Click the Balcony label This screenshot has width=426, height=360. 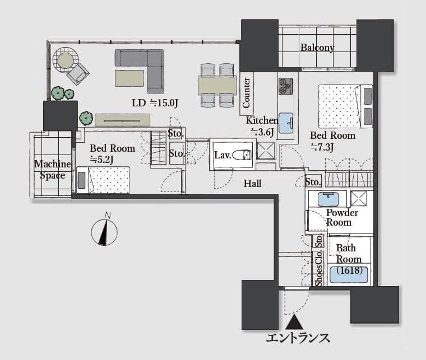coord(317,48)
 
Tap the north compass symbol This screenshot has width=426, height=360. coord(104,231)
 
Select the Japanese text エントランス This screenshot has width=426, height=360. coord(298,338)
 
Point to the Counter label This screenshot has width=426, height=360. coord(246,92)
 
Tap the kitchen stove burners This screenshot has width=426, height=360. coord(286,85)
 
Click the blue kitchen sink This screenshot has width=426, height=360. coord(286,123)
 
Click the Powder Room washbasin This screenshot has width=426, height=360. coord(327,198)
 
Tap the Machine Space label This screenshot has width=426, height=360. coord(53,170)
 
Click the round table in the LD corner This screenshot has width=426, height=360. coord(66,59)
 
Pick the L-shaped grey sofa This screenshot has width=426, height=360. coord(143,68)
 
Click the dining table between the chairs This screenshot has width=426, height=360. coord(217,85)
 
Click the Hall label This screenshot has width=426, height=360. coord(252,183)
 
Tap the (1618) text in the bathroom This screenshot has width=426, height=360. coord(349,270)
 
